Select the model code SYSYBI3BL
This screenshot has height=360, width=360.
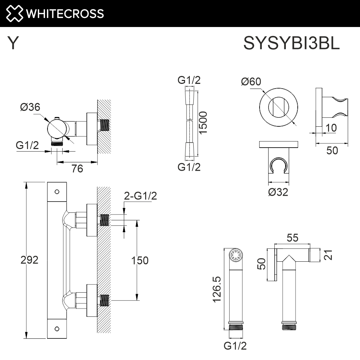coord(292,44)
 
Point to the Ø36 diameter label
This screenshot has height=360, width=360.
coord(30,107)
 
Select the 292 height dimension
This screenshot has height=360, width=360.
coord(30,260)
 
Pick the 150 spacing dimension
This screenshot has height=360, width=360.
coord(139,260)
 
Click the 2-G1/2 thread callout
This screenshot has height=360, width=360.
coord(140,196)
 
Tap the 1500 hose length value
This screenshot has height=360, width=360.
coord(203,123)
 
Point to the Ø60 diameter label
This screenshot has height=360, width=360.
coord(251,82)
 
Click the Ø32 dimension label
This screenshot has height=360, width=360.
coord(278,192)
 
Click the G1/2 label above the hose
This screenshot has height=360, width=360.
coord(189,80)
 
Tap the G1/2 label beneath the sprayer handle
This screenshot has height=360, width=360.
coord(235,346)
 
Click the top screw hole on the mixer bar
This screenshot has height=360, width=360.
coord(57,192)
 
